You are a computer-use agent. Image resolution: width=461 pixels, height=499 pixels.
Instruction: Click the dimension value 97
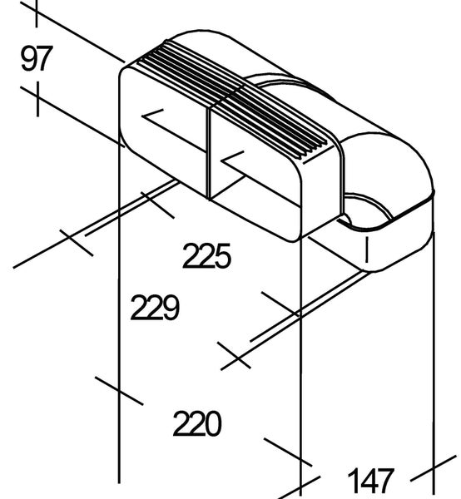(37, 58)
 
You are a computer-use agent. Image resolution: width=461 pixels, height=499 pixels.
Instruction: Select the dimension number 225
(206, 255)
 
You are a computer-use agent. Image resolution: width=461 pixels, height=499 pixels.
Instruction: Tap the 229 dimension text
(155, 307)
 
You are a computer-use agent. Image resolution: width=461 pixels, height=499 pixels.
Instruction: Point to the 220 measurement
(197, 423)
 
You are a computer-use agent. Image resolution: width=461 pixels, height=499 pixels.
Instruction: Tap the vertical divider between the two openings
(209, 153)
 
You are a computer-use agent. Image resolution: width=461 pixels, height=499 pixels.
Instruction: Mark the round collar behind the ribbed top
(286, 82)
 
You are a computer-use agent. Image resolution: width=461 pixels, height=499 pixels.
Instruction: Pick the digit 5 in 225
(222, 256)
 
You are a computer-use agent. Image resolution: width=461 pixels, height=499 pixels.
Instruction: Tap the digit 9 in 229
(171, 308)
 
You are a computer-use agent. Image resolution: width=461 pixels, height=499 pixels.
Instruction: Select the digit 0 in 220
(213, 423)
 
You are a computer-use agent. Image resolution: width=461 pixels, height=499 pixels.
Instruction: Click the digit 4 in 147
(370, 481)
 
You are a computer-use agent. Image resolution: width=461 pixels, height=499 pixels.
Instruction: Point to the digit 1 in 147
(354, 481)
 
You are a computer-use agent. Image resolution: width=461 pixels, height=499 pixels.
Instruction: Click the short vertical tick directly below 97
(38, 99)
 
